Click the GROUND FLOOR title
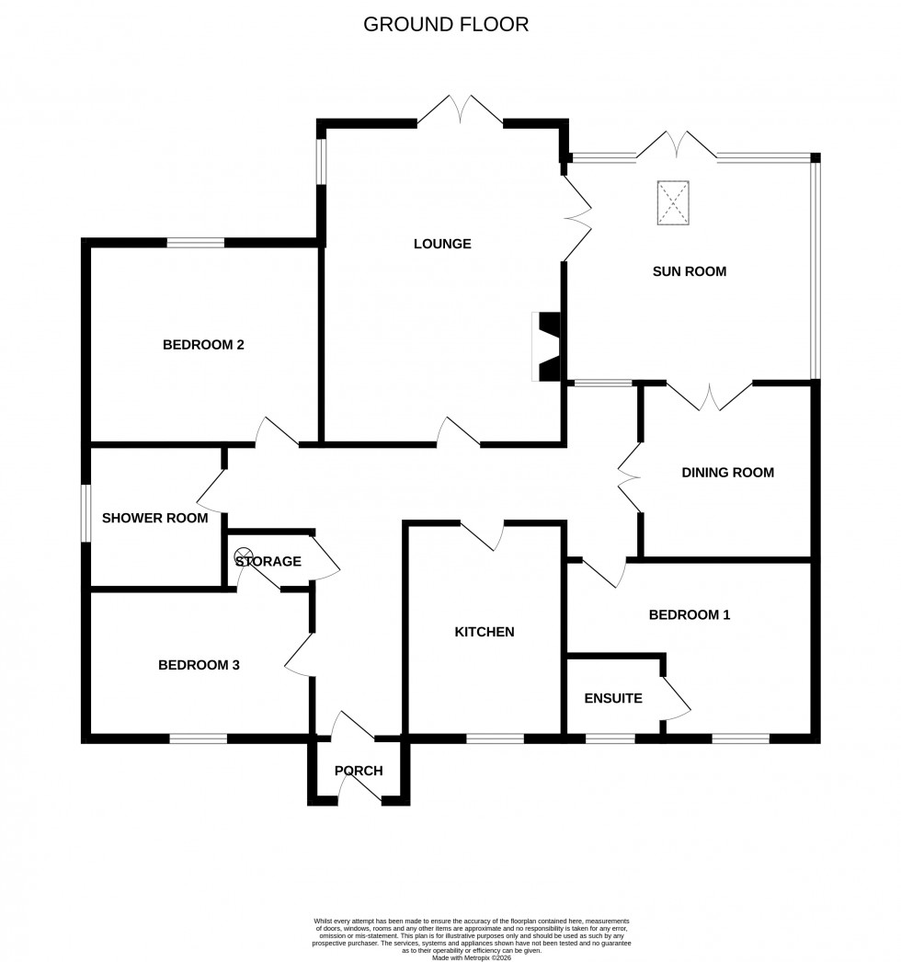tap(446, 25)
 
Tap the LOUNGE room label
tap(442, 244)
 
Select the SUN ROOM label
tap(690, 271)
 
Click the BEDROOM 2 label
tap(203, 345)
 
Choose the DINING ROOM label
tap(727, 473)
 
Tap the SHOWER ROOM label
tap(154, 518)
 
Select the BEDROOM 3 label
tap(199, 665)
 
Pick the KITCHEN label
tap(485, 632)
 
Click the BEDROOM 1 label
tap(690, 614)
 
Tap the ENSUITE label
tap(613, 698)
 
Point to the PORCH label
tap(359, 771)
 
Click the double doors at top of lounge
tap(460, 110)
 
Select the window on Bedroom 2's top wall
tap(196, 243)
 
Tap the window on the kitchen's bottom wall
tap(495, 738)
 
